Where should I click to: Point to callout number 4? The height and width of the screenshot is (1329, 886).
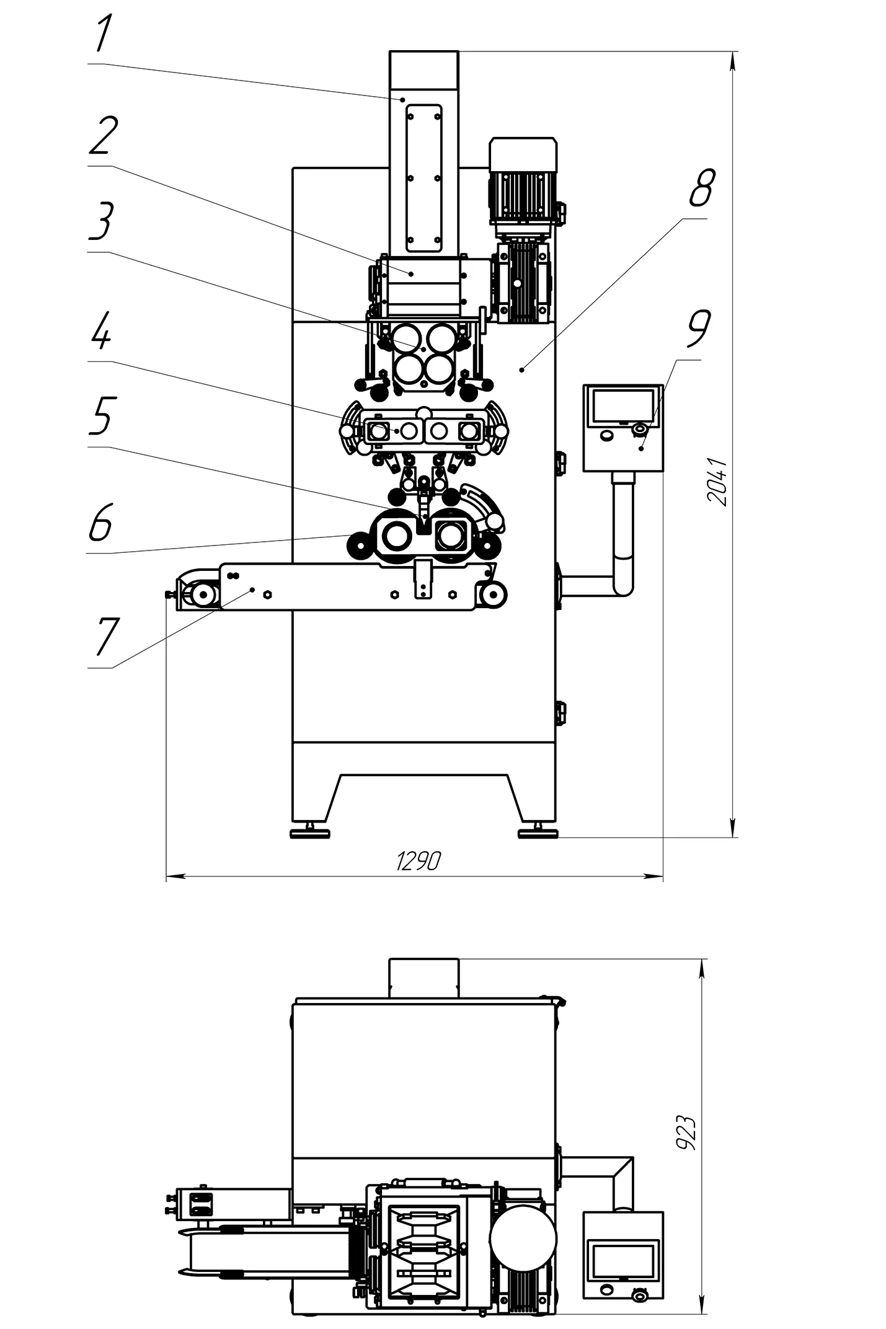(101, 330)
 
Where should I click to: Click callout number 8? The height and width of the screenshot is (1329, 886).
(702, 188)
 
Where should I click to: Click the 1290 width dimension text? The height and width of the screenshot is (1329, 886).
(419, 860)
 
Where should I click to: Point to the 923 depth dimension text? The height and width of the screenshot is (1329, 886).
(687, 1134)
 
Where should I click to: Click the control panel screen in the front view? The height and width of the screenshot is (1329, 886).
(622, 405)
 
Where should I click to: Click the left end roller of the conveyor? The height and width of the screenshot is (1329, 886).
(203, 596)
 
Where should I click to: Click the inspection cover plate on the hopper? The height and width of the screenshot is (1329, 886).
(423, 179)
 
